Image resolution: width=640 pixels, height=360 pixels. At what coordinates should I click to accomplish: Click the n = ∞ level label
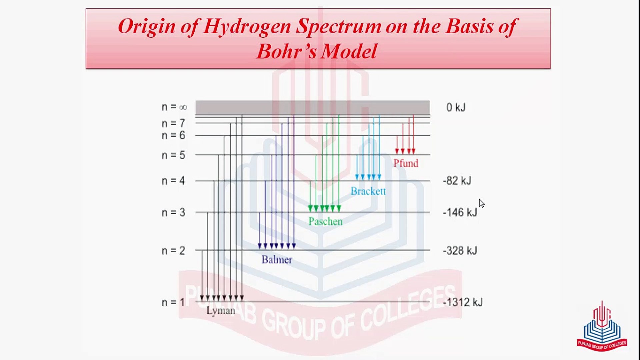pyautogui.click(x=174, y=107)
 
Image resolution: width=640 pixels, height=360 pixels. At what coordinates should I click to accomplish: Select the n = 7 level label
pyautogui.click(x=173, y=123)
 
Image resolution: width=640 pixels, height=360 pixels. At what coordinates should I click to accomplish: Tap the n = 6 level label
pyautogui.click(x=173, y=135)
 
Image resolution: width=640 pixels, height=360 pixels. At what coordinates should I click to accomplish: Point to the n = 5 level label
pyautogui.click(x=173, y=155)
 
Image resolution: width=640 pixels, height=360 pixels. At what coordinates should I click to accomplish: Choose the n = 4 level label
pyautogui.click(x=173, y=181)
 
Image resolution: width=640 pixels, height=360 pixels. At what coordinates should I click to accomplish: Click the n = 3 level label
pyautogui.click(x=173, y=212)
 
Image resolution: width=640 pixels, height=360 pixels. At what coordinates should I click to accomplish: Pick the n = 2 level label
pyautogui.click(x=173, y=251)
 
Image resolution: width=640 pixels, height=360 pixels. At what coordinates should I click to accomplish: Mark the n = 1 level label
pyautogui.click(x=173, y=302)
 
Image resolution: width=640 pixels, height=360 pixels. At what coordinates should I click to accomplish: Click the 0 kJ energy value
pyautogui.click(x=456, y=107)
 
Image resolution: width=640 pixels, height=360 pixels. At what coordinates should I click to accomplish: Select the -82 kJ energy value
pyautogui.click(x=457, y=181)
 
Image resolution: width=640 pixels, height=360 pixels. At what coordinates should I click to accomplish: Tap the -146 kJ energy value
pyautogui.click(x=460, y=212)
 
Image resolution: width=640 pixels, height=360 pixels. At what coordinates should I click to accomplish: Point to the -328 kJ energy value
pyautogui.click(x=460, y=251)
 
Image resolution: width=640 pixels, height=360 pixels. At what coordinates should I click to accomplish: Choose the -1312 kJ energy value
pyautogui.click(x=463, y=302)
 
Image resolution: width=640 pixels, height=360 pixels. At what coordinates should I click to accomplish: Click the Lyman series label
pyautogui.click(x=221, y=311)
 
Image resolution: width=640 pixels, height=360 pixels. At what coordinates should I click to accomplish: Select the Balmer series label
pyautogui.click(x=277, y=260)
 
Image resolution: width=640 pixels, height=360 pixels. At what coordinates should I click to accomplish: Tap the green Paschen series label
pyautogui.click(x=325, y=221)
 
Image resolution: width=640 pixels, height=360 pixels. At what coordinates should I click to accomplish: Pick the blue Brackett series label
pyautogui.click(x=368, y=191)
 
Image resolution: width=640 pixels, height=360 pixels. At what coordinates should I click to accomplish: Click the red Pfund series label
pyautogui.click(x=406, y=163)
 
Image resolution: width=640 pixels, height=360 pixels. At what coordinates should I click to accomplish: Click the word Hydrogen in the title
pyautogui.click(x=247, y=27)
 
